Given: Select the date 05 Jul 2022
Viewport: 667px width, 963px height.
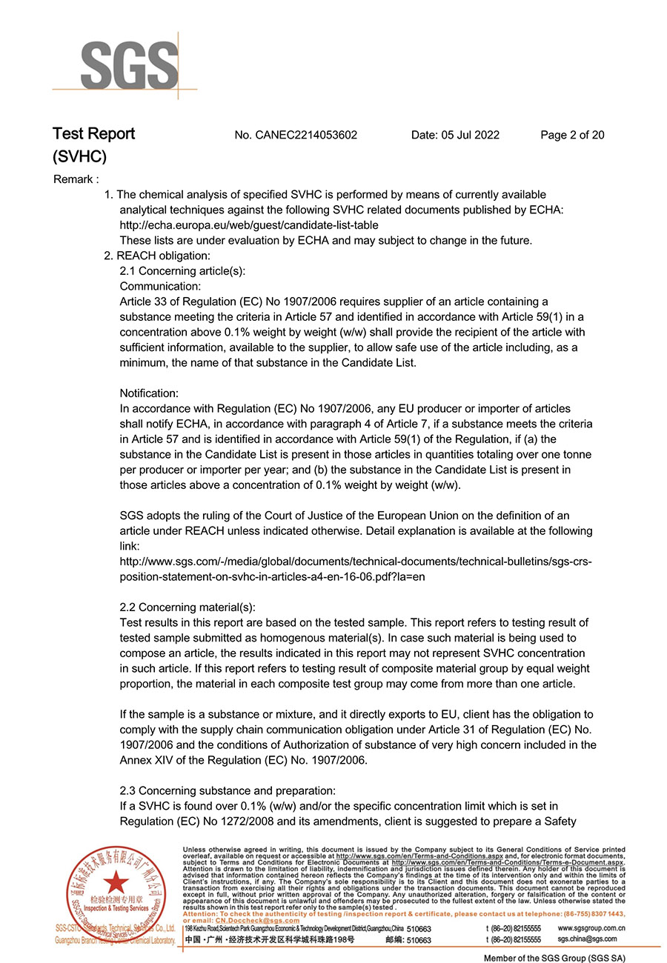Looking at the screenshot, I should pos(455,135).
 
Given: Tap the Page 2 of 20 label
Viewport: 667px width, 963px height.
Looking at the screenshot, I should pos(572,135).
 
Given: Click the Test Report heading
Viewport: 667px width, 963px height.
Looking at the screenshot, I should pos(93,134).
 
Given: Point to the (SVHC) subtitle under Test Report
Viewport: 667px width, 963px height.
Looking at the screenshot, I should pos(79,156).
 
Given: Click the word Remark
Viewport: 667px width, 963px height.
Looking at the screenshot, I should pos(76,179).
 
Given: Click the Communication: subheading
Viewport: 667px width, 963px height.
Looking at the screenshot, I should pos(160,286).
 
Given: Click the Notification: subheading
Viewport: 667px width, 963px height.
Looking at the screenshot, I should pos(149,393).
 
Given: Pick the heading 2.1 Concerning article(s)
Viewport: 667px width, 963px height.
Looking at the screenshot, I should pos(182,271).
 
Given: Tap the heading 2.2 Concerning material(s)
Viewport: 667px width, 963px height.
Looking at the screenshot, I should pos(188,607).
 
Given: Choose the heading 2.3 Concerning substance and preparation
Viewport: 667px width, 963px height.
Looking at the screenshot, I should pos(228,790).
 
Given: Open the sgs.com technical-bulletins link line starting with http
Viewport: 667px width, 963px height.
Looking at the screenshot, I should pos(356,562).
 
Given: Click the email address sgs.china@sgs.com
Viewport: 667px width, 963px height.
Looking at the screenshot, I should pos(587,939).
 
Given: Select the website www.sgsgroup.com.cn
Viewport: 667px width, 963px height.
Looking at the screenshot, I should pos(591,927).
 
